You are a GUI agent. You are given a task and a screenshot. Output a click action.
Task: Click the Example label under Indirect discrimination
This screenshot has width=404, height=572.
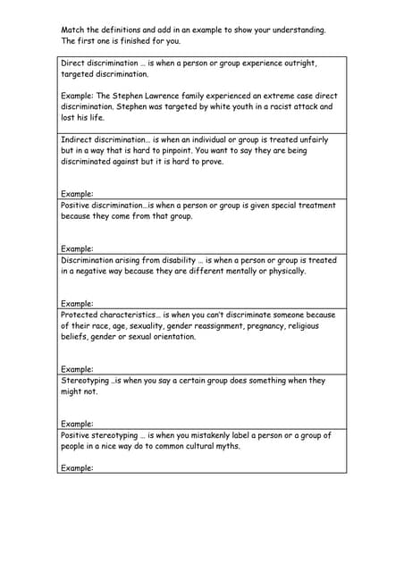tap(77, 194)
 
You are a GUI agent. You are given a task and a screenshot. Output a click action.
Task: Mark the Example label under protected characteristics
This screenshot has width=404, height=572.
tap(77, 369)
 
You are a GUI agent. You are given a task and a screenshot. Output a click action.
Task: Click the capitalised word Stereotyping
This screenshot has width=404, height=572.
tap(86, 380)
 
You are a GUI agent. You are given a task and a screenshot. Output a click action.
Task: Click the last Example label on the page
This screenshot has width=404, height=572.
tap(77, 467)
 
